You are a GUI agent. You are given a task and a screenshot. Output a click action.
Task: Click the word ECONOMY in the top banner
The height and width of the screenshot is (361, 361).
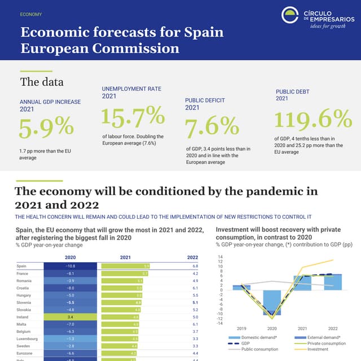click(x=30, y=14)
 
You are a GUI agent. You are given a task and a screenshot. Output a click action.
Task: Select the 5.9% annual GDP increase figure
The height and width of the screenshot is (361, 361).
click(x=46, y=129)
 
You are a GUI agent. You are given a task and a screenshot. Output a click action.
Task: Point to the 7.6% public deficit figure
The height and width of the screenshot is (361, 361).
click(x=212, y=127)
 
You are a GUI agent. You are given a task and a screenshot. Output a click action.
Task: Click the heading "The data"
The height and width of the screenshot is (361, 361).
click(x=38, y=82)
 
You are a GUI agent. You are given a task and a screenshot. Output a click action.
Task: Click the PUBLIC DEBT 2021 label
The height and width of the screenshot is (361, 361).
click(x=292, y=95)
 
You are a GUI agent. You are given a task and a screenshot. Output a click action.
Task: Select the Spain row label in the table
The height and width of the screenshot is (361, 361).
click(x=22, y=266)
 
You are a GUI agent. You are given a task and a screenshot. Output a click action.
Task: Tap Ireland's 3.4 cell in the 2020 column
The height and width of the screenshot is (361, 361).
click(x=71, y=317)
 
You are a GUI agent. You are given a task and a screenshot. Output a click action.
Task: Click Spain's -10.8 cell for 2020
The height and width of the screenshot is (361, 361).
click(x=71, y=266)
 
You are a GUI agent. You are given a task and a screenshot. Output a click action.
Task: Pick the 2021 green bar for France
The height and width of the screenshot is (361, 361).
click(x=125, y=273)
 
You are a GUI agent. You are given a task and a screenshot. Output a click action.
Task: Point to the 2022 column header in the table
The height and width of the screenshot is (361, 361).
click(x=192, y=257)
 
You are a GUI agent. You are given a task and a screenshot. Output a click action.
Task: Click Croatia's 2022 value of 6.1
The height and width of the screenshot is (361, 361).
click(x=195, y=288)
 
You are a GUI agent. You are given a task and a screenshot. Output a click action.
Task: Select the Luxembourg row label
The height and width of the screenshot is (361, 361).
click(x=28, y=339)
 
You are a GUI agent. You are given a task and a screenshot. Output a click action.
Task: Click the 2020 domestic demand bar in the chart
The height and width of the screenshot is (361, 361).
click(x=272, y=302)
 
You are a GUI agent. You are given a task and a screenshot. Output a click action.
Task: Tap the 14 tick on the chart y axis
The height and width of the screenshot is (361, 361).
click(x=221, y=257)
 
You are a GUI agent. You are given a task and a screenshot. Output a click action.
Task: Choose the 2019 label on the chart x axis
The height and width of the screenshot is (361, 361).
click(x=241, y=328)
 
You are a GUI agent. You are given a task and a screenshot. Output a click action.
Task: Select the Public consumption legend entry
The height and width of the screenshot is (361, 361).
click(x=250, y=349)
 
